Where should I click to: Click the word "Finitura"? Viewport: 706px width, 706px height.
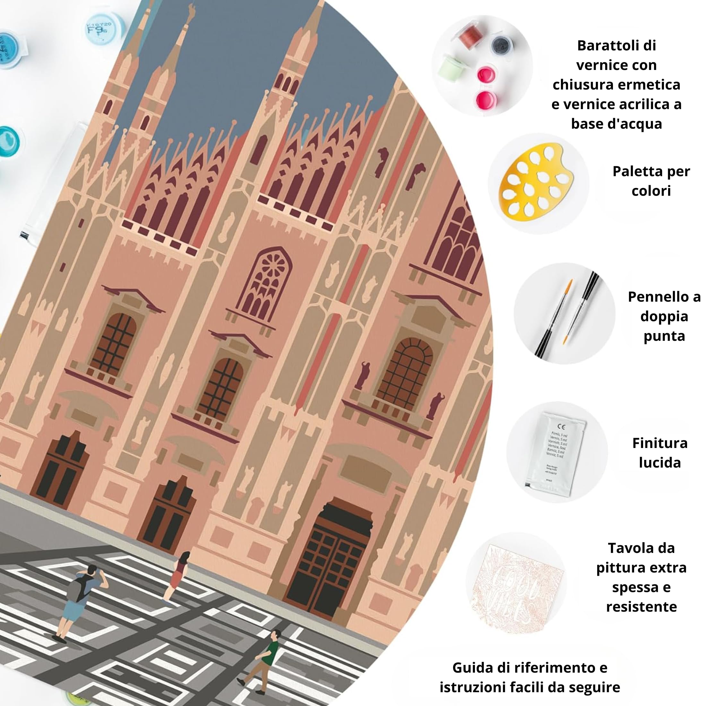pyautogui.click(x=659, y=443)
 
